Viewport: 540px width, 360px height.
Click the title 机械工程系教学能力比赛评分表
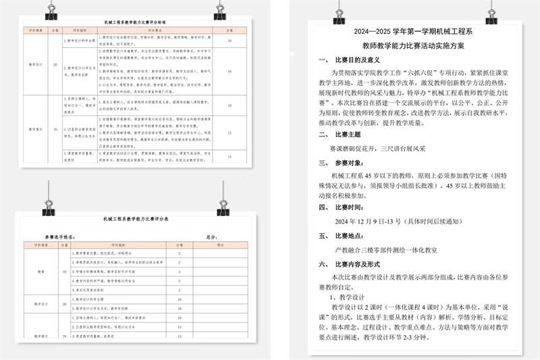[136, 220]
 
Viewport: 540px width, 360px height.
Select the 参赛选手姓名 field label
[60, 237]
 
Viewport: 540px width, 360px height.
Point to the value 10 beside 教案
[65, 272]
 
